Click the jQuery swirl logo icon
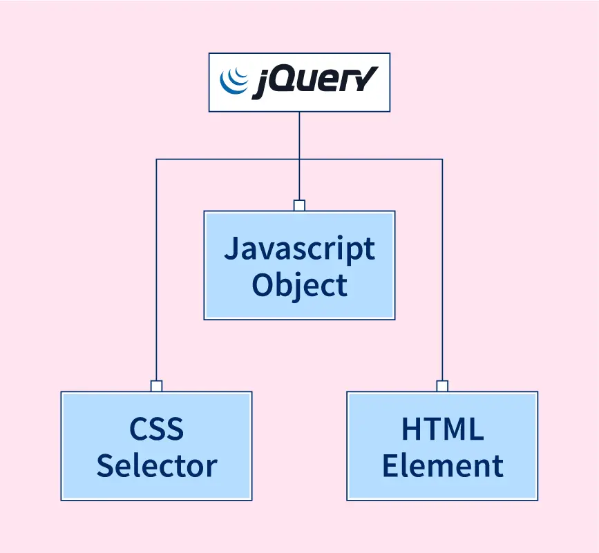(234, 81)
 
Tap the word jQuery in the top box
(314, 83)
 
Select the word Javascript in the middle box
(299, 249)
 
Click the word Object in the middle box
(299, 284)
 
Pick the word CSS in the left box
(156, 429)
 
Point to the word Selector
(156, 465)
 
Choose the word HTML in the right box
(442, 429)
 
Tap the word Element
(442, 465)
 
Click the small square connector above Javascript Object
(299, 205)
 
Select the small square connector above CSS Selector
(156, 386)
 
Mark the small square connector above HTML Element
(442, 386)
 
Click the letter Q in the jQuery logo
(281, 82)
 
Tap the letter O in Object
(263, 284)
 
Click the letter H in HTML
(412, 429)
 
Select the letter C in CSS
(138, 429)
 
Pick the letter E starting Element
(391, 465)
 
